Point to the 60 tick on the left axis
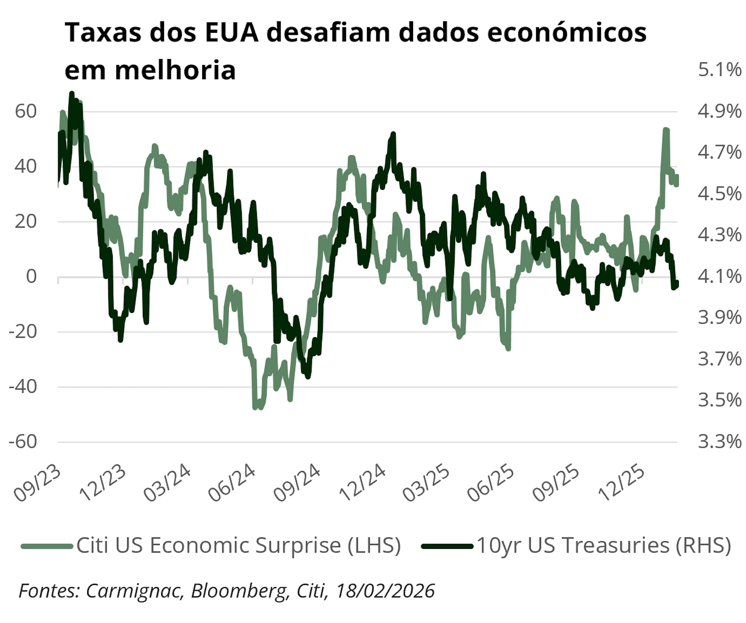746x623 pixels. (x=26, y=111)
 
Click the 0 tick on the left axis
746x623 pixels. (x=31, y=276)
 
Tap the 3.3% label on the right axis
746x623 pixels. (x=719, y=442)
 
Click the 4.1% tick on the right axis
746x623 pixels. (x=719, y=276)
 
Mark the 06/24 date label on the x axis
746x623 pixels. (x=232, y=487)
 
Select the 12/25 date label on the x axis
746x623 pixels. (x=621, y=487)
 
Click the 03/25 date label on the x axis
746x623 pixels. (x=426, y=487)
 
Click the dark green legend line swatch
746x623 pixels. (x=447, y=546)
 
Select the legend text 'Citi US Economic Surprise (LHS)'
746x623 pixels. (x=238, y=545)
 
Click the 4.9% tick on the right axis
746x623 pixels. (x=719, y=111)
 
